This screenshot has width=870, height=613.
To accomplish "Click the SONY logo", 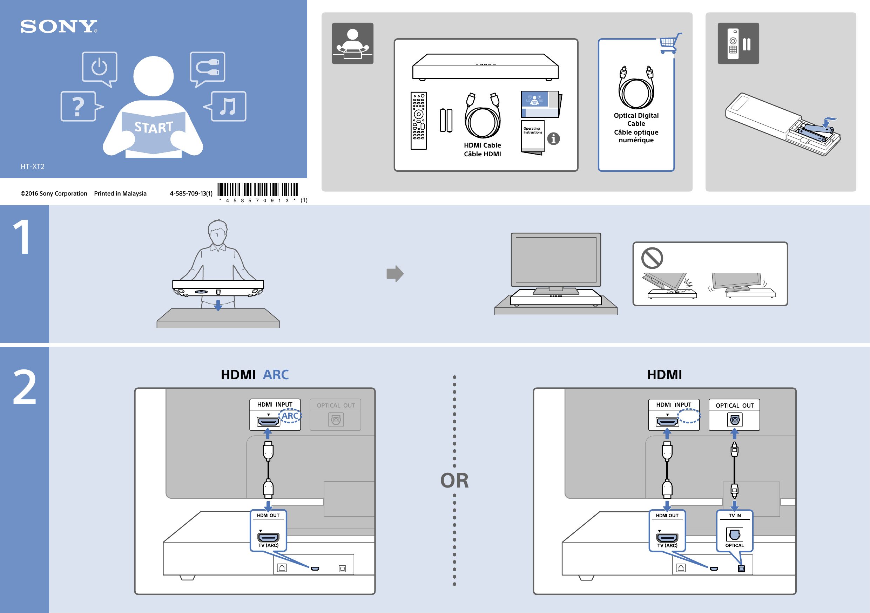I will pyautogui.click(x=59, y=27).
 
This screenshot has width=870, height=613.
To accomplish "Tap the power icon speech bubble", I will pyautogui.click(x=100, y=67).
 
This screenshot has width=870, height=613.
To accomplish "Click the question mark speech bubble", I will pyautogui.click(x=79, y=107).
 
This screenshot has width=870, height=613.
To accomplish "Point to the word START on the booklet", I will pyautogui.click(x=154, y=127).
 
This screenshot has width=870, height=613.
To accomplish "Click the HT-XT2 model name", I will pyautogui.click(x=33, y=166).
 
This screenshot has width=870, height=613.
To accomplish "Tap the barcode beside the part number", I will pyautogui.click(x=257, y=189).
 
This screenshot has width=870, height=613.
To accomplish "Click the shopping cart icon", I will pyautogui.click(x=669, y=43).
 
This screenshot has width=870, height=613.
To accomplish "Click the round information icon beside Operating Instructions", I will pyautogui.click(x=553, y=138).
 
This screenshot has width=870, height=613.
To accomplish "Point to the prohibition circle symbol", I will pyautogui.click(x=652, y=258).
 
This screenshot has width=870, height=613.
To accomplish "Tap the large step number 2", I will pyautogui.click(x=25, y=387).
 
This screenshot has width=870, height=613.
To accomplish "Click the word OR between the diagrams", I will pyautogui.click(x=454, y=481).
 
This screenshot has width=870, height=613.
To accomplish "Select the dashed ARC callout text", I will pyautogui.click(x=290, y=416).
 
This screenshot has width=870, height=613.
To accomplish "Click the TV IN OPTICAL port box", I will pyautogui.click(x=734, y=530).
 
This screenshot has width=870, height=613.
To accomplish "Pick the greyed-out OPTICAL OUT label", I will pyautogui.click(x=335, y=406).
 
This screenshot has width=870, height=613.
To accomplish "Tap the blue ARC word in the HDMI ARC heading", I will pyautogui.click(x=276, y=374).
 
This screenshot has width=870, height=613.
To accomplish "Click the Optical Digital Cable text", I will pyautogui.click(x=636, y=119).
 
